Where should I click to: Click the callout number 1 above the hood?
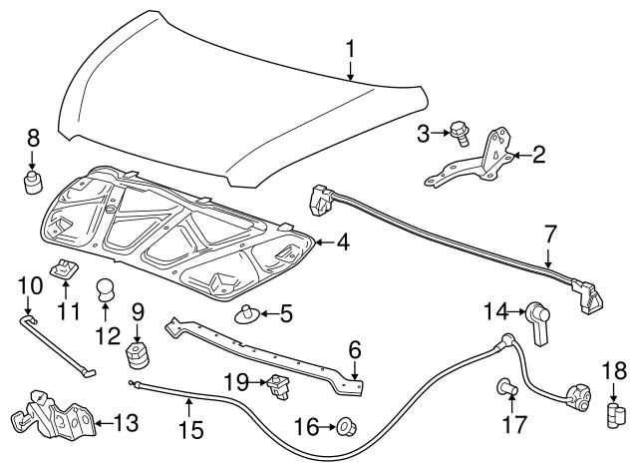[350, 49]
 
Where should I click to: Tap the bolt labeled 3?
[460, 133]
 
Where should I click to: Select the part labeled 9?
[137, 353]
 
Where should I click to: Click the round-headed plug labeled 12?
[106, 290]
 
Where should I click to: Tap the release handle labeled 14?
[540, 322]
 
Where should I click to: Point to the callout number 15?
[189, 430]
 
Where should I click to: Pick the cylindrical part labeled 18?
[616, 415]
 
